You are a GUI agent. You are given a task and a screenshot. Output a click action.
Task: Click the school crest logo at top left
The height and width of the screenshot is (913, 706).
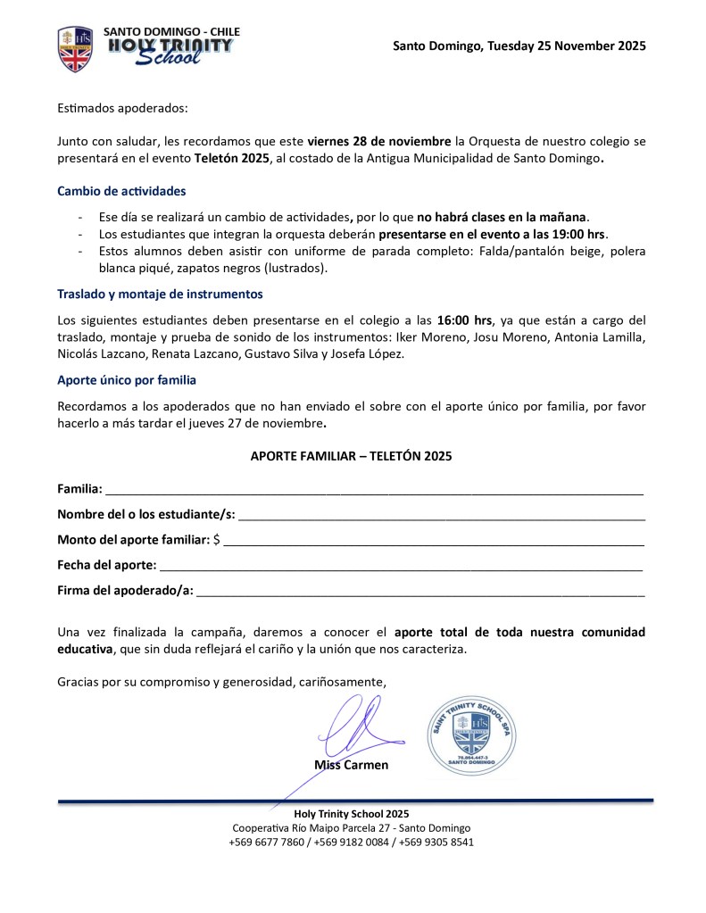tap(75, 49)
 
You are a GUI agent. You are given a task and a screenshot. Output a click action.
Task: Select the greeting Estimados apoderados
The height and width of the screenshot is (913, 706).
tap(123, 108)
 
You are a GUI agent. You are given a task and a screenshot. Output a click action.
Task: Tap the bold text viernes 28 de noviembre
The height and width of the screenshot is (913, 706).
tap(379, 142)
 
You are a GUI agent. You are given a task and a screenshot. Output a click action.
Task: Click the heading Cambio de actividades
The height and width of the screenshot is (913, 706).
tap(121, 191)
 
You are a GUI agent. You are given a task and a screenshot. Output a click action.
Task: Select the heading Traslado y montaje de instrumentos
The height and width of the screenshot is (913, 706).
tap(160, 294)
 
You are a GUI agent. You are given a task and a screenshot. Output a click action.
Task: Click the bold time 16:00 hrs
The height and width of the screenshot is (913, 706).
tap(464, 320)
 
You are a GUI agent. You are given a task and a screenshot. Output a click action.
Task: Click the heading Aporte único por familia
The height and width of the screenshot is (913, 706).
tap(127, 380)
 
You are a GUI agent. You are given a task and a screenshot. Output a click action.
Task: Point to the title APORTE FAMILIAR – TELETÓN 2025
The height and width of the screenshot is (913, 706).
tap(351, 456)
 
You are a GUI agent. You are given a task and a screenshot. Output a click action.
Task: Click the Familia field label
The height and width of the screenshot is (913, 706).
tap(79, 489)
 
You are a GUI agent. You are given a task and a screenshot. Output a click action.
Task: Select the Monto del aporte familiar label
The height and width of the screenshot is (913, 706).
tap(134, 540)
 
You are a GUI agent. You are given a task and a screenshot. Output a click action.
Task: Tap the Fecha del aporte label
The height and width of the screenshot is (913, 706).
tap(107, 565)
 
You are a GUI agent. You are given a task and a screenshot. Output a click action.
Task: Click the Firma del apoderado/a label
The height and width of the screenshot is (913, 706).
tap(125, 590)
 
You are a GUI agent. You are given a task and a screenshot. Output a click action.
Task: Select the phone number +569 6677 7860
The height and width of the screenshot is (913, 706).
tap(266, 842)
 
